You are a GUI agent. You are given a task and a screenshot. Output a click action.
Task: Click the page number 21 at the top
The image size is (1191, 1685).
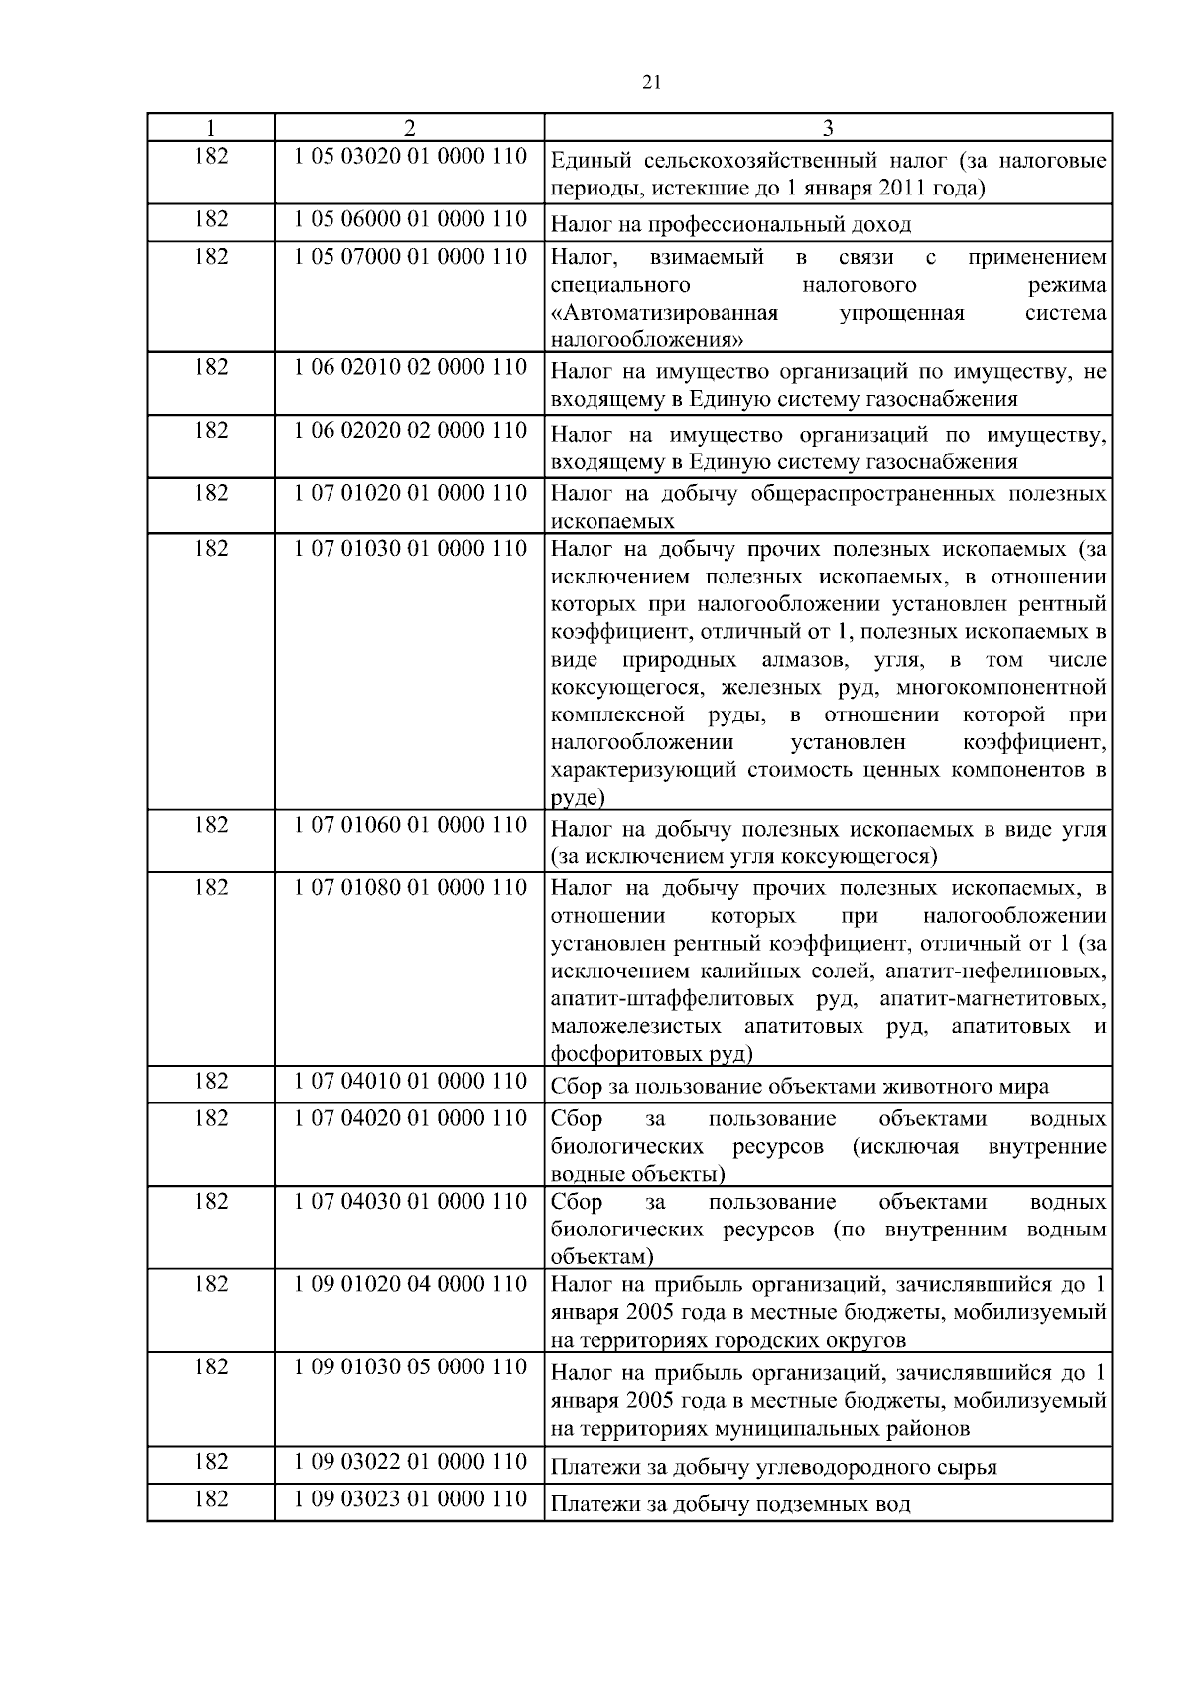[x=651, y=83]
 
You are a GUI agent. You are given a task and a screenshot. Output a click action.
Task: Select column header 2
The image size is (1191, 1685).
[x=409, y=128]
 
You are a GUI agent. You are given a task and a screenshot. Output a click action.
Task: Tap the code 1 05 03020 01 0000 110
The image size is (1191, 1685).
[x=410, y=157]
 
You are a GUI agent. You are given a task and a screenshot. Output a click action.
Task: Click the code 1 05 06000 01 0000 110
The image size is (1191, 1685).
[x=410, y=219]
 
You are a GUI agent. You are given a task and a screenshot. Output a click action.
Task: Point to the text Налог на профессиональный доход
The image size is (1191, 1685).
[x=730, y=225]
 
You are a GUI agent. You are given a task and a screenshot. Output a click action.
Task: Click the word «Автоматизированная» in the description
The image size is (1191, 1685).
[x=664, y=314]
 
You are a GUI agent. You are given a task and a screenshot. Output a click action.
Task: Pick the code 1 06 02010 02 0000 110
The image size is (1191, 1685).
[x=410, y=367]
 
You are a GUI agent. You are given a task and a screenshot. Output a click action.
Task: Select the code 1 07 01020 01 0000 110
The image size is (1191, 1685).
[x=410, y=493]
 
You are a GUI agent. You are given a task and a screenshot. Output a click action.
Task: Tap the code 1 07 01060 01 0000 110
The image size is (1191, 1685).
[x=410, y=825]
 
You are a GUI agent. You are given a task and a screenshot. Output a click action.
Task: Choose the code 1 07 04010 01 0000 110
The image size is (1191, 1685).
[x=410, y=1081]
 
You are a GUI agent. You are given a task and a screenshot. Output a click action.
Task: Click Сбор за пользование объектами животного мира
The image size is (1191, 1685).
[x=799, y=1087]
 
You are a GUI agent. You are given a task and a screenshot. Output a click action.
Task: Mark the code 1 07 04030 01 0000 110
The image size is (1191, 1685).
[x=410, y=1202]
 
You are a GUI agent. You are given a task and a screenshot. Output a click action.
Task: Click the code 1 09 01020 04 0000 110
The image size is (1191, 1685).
[x=410, y=1284]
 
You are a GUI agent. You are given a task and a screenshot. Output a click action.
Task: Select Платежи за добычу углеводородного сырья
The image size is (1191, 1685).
[x=773, y=1467]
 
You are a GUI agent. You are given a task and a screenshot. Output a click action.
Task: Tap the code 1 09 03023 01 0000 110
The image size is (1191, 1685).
[x=410, y=1498]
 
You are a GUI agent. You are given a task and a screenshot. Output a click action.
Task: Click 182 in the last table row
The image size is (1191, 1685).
[x=210, y=1498]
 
